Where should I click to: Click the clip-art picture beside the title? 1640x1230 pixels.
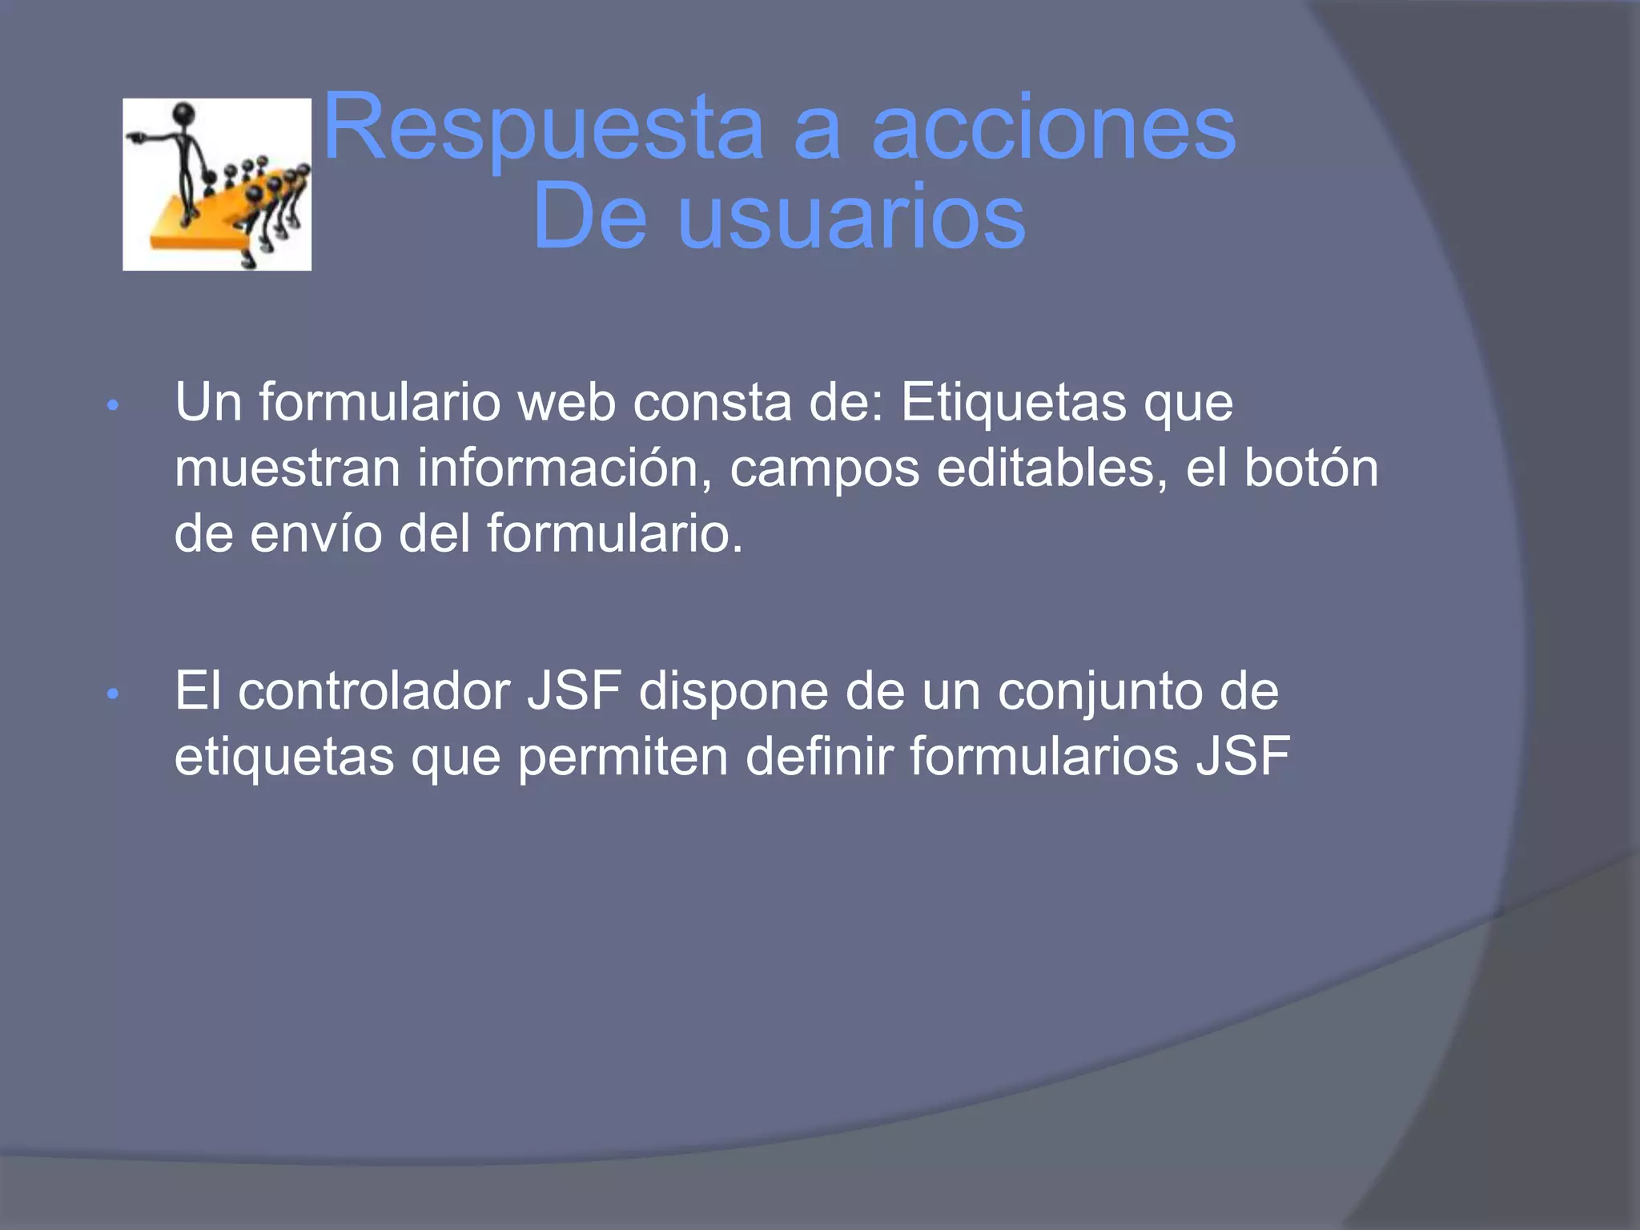pyautogui.click(x=217, y=184)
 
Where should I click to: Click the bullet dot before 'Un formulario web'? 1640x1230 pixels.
pyautogui.click(x=113, y=405)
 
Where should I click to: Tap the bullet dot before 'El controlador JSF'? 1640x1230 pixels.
pyautogui.click(x=113, y=694)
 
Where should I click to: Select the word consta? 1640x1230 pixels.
pyautogui.click(x=713, y=402)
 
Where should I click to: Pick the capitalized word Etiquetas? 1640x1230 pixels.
pyautogui.click(x=1013, y=402)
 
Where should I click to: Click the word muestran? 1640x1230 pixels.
pyautogui.click(x=287, y=468)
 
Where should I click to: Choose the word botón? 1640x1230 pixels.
pyautogui.click(x=1311, y=468)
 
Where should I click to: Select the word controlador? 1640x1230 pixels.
pyautogui.click(x=374, y=691)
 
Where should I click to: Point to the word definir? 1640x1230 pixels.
pyautogui.click(x=818, y=757)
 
